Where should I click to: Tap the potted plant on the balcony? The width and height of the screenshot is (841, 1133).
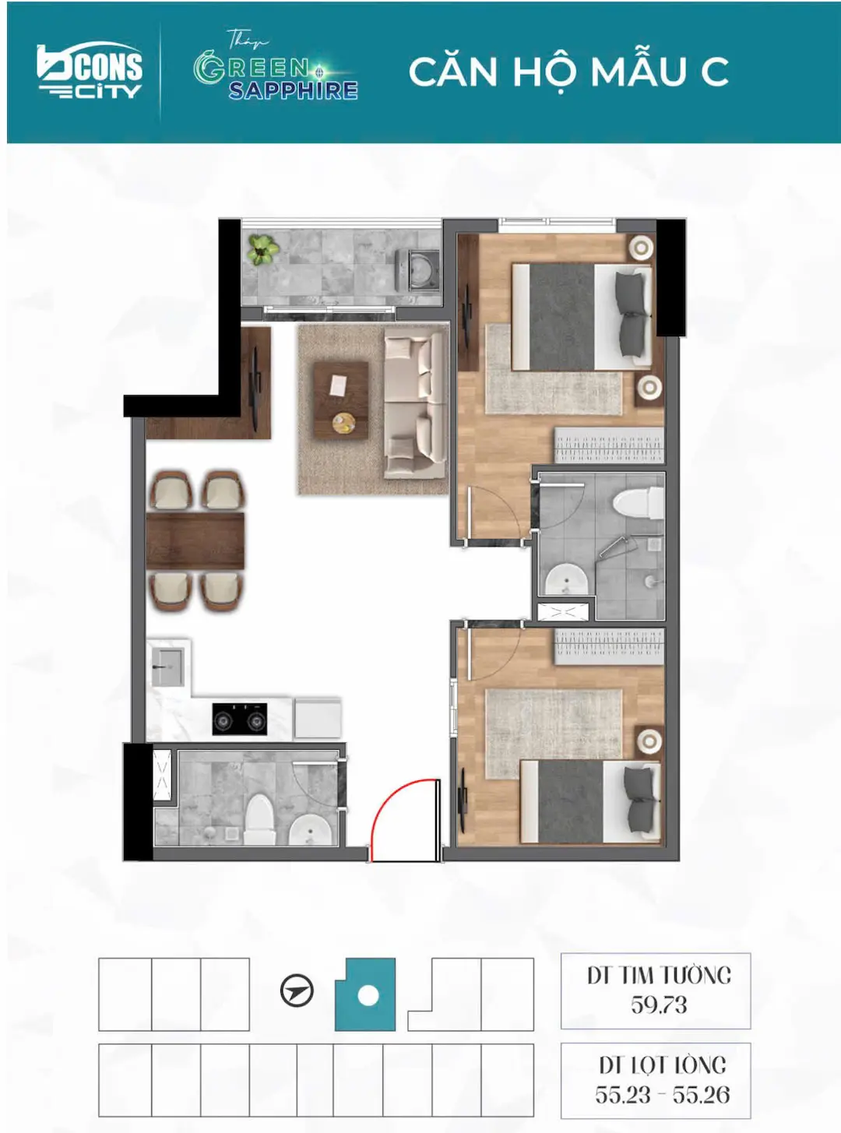[262, 250]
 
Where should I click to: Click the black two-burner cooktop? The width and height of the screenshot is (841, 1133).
[240, 719]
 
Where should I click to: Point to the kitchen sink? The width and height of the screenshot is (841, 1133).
[167, 667]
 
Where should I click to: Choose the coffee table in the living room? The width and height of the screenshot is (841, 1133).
[341, 400]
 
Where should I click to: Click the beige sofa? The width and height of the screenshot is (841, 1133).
[414, 405]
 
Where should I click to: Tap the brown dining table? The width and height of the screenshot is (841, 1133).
[195, 541]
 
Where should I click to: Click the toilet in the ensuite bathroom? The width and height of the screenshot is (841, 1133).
[639, 502]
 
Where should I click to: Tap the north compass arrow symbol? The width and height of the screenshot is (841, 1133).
[297, 991]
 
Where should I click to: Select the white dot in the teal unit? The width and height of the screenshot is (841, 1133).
[368, 996]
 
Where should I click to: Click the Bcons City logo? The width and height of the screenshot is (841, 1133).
[90, 71]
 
